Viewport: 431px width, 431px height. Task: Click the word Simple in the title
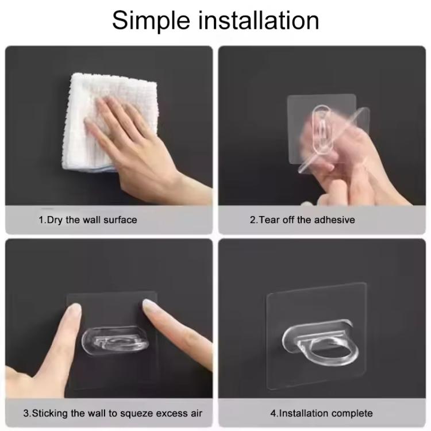click(x=151, y=21)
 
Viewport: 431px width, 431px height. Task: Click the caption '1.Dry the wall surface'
click(x=87, y=220)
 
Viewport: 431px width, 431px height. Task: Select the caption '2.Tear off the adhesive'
click(x=302, y=220)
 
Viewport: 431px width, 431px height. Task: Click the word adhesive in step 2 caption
click(x=334, y=220)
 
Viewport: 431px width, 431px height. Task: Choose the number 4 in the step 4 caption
click(x=273, y=413)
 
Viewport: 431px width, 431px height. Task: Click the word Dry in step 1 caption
click(x=56, y=220)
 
